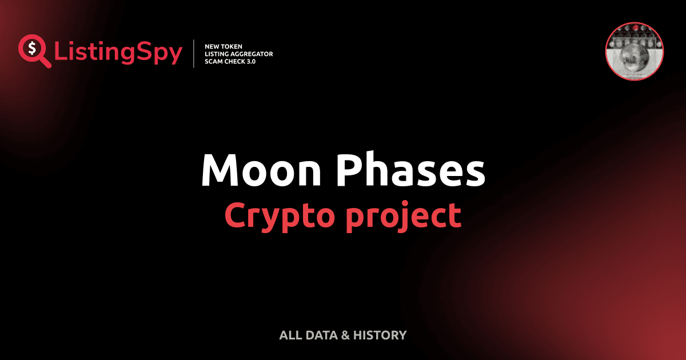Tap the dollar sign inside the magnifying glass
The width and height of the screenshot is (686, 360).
coord(31,47)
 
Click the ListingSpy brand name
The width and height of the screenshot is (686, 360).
coord(118,53)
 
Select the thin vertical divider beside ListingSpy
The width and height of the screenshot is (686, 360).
coord(195,54)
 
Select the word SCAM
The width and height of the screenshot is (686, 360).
coord(213,61)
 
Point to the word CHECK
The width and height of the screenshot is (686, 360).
coord(234,61)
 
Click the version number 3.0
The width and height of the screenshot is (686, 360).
coord(251,61)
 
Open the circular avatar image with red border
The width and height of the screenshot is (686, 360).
coord(634,51)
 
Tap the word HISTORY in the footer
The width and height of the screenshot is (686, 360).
coord(380,335)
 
